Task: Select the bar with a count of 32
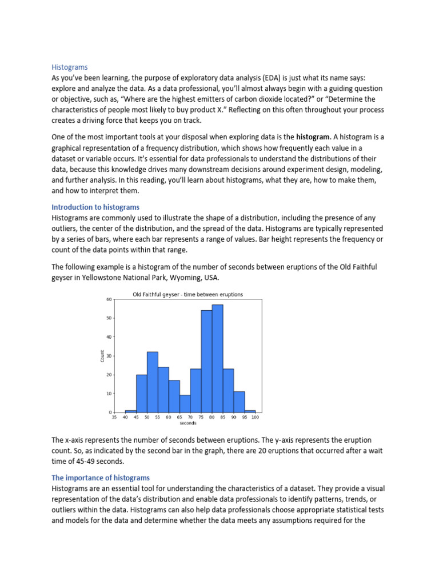[x=152, y=382]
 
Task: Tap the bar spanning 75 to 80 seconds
[x=206, y=362]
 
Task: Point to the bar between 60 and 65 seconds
[x=174, y=396]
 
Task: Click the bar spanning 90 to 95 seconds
[x=239, y=402]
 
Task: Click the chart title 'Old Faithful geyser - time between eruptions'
[x=188, y=295]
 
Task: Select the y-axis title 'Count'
[x=103, y=355]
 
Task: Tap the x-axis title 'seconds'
[x=188, y=424]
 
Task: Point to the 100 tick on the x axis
[x=255, y=418]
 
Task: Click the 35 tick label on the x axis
[x=114, y=418]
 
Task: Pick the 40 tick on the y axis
[x=109, y=337]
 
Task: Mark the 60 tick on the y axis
[x=109, y=299]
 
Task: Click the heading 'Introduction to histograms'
[x=95, y=207]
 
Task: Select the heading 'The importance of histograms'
[x=101, y=477]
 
